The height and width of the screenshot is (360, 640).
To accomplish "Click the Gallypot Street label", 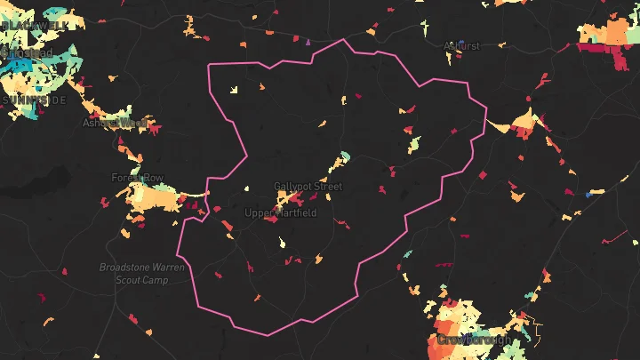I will [308, 187].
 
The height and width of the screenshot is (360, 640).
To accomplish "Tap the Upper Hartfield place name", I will [280, 213].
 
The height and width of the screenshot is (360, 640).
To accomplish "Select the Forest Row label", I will [138, 179].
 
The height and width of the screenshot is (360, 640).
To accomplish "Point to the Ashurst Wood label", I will [116, 123].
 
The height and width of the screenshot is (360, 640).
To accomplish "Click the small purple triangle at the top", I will [308, 41].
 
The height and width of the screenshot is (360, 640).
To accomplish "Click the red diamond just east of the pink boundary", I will [483, 175].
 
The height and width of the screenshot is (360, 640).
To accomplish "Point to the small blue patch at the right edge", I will [588, 193].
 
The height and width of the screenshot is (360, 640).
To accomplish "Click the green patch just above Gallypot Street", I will [345, 157].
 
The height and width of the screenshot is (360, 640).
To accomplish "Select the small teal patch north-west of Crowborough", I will [408, 254].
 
